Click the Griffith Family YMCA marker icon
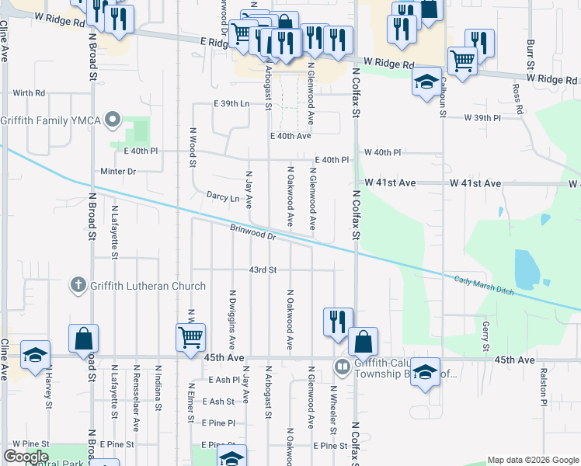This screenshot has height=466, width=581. (113, 120)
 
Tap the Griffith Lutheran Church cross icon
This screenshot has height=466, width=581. (78, 286)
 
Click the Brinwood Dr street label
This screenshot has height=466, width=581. (253, 231)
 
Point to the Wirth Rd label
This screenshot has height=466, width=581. (29, 93)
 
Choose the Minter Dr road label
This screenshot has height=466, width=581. (118, 171)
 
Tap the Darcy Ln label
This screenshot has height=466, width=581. (223, 197)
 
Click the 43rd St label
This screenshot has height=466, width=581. (263, 270)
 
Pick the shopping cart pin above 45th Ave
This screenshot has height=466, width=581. (190, 338)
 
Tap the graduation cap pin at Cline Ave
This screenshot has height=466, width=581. (35, 355)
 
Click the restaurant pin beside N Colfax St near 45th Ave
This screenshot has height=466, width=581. (338, 322)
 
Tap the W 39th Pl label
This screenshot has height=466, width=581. (483, 117)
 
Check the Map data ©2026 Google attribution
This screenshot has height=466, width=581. (532, 460)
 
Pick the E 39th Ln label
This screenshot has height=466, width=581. (232, 104)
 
